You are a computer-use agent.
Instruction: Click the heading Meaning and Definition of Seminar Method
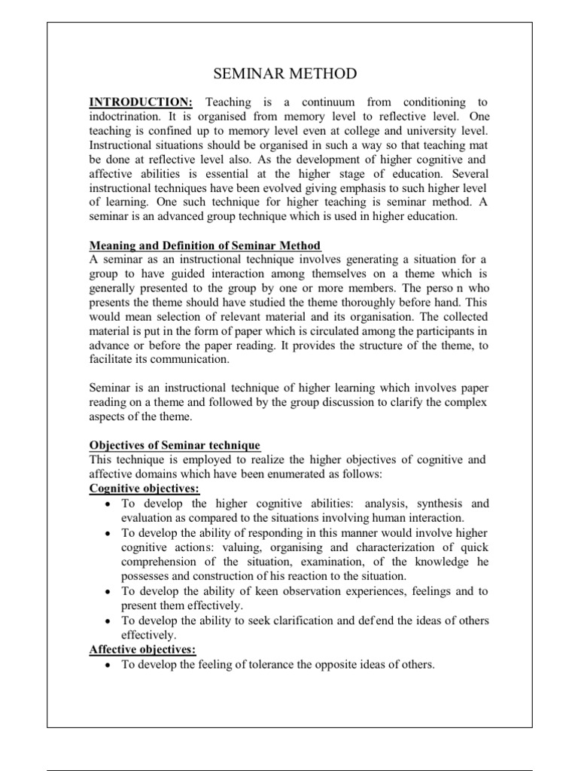(x=205, y=246)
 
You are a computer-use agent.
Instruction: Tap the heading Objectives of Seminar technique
(x=175, y=445)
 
